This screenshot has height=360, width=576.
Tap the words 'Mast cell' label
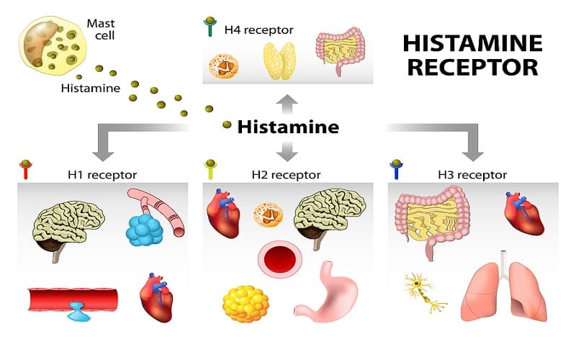(x=99, y=30)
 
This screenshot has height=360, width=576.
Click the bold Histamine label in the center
(x=288, y=127)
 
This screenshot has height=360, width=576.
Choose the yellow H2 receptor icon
(x=212, y=170)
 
